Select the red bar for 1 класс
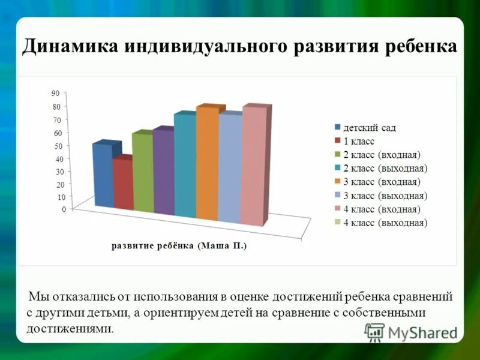122,185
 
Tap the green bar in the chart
142,174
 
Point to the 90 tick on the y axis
55,94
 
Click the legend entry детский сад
369,127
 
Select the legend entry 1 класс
359,141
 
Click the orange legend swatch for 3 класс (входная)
338,182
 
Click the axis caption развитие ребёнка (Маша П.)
179,246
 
